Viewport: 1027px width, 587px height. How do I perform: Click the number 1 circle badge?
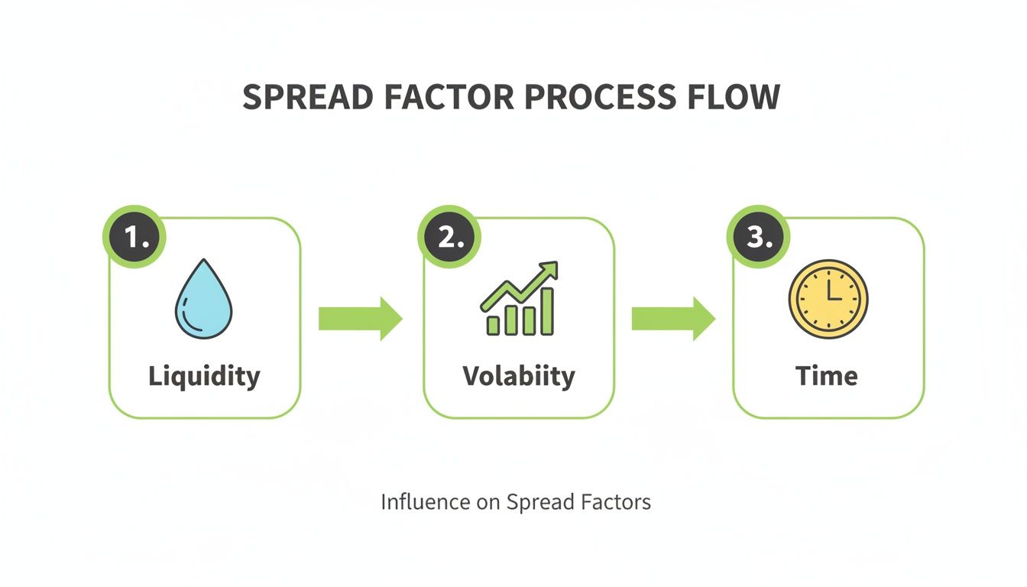coord(135,238)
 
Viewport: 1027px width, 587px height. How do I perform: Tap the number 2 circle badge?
coord(450,238)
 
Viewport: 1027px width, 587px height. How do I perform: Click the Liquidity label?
coord(204,376)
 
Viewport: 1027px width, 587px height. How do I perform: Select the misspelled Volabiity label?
coord(519,376)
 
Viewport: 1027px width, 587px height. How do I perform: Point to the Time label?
coord(827,376)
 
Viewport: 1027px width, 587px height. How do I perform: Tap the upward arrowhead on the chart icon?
coord(549,271)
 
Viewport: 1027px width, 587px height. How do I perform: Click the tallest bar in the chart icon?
coord(547,311)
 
